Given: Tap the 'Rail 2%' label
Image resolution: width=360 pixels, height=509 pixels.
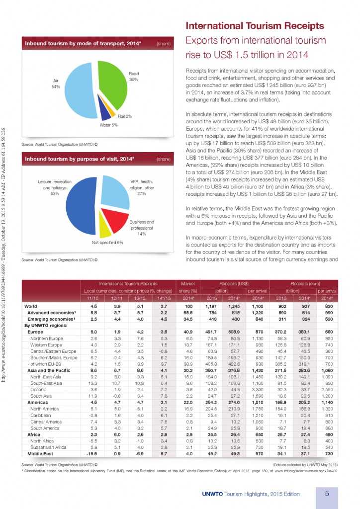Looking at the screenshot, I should pos(125,116).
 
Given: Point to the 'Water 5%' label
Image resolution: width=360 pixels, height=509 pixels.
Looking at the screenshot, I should pos(108,125).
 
